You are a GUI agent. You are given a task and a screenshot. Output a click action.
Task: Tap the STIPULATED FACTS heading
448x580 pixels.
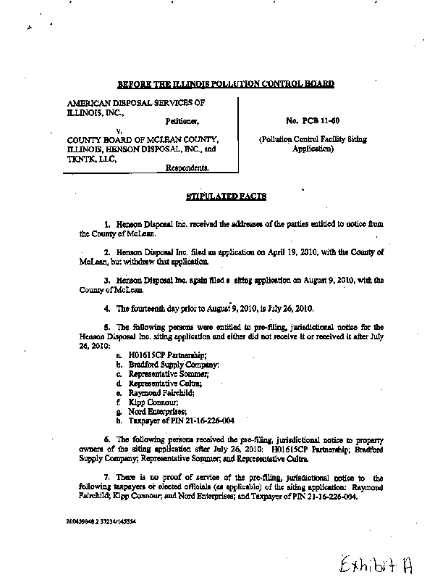click(227, 196)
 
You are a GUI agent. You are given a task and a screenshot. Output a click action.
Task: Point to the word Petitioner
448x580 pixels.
click(179, 121)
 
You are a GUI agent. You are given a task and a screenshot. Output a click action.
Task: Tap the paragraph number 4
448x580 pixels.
click(106, 307)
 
